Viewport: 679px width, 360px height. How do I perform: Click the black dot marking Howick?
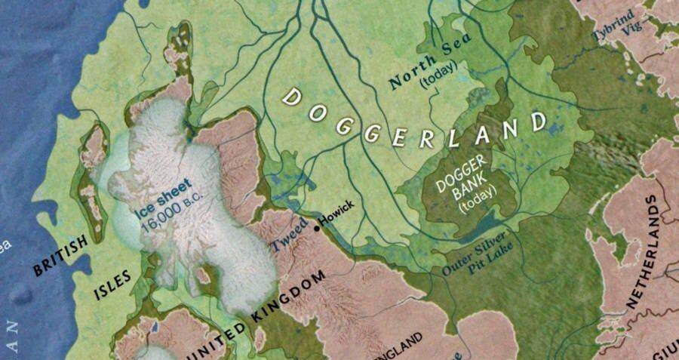(317, 224)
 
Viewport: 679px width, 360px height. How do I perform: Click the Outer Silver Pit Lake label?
(484, 257)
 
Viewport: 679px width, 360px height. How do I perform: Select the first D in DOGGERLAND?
(290, 96)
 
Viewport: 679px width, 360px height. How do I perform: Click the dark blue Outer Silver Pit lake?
(483, 226)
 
